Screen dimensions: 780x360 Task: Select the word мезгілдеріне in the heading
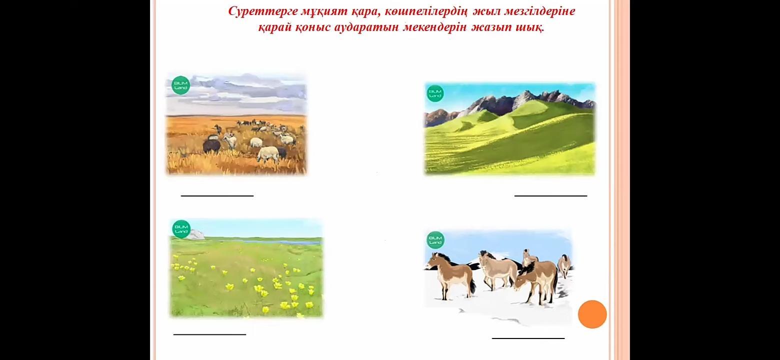tap(539, 11)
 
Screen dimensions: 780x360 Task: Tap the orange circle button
tap(592, 314)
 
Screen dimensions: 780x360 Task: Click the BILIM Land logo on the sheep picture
tap(180, 85)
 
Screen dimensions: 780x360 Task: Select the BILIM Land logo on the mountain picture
tap(435, 93)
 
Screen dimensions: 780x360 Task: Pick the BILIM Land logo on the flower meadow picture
tap(181, 229)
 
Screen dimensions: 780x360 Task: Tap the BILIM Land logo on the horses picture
tap(435, 240)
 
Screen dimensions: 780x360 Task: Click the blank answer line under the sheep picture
tap(217, 195)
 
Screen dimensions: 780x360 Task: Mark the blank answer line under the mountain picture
tap(550, 195)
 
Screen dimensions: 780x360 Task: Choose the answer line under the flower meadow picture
tap(209, 334)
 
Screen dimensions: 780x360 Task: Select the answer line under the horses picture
tap(528, 337)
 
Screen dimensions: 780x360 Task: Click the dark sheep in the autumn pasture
tap(211, 144)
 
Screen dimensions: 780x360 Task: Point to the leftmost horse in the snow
tap(450, 275)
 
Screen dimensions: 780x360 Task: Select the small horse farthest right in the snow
tap(564, 265)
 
